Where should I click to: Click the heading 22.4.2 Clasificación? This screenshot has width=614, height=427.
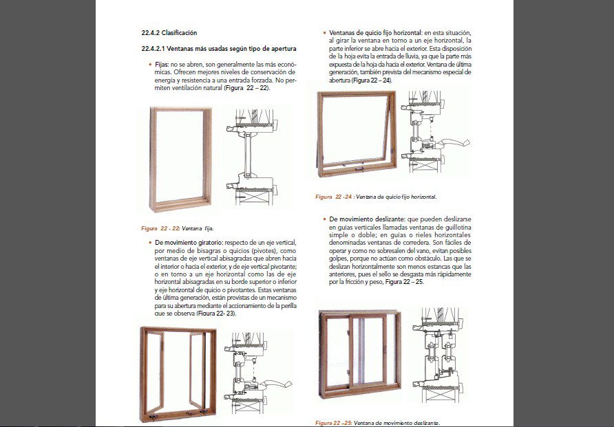(x=169, y=32)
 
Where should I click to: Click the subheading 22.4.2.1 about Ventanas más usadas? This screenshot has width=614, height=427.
(x=218, y=49)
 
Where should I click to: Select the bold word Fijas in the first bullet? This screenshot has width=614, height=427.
(x=162, y=64)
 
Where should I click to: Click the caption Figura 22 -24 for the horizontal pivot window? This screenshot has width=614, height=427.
(x=376, y=197)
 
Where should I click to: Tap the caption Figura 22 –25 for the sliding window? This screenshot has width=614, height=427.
(x=377, y=422)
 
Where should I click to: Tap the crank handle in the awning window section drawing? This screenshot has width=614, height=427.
(x=455, y=145)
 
